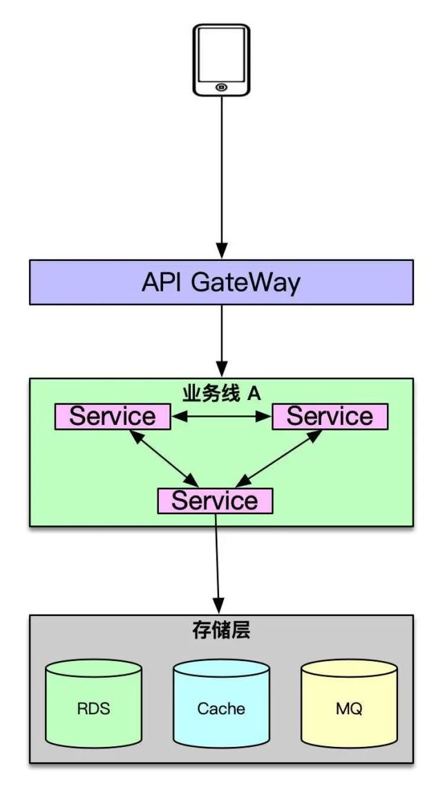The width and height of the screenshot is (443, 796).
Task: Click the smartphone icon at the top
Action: tap(221, 60)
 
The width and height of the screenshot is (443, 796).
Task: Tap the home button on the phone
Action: tap(221, 87)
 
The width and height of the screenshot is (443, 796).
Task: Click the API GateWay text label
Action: tap(221, 282)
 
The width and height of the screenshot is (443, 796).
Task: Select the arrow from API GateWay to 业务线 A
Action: tap(221, 339)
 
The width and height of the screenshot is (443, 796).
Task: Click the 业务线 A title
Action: tap(221, 393)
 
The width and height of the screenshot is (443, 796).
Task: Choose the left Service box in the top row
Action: tap(113, 417)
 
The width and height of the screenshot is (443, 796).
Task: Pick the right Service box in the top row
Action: tap(330, 417)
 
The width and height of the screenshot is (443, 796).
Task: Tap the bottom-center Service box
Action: tap(215, 500)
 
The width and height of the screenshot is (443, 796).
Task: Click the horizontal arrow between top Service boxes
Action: tap(221, 417)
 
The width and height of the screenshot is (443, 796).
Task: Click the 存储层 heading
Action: tap(221, 631)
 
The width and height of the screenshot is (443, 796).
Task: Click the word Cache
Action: tap(221, 709)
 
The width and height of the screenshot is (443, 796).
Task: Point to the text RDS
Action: tap(93, 709)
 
